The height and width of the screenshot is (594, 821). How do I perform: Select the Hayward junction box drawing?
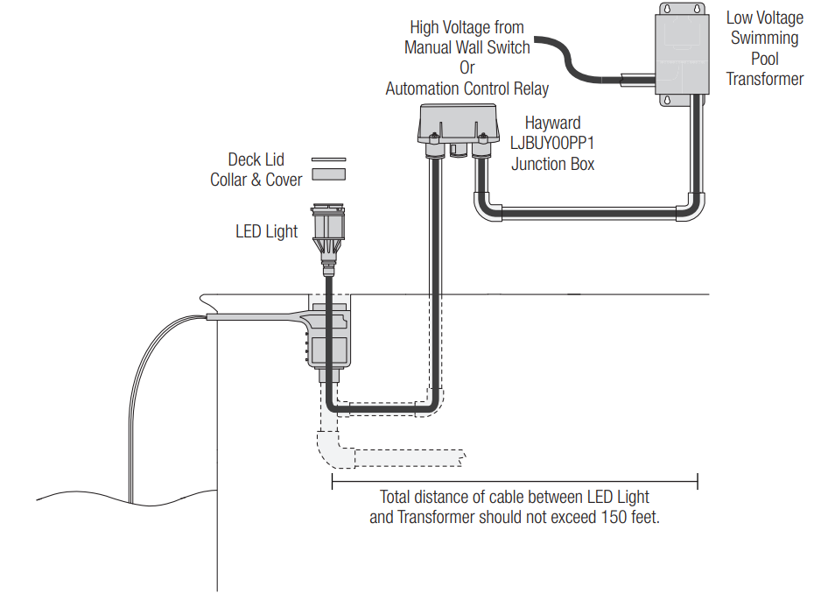[x=458, y=123]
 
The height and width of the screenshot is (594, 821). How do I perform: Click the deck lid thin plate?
[x=328, y=159]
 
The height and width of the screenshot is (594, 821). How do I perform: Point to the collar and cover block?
[x=328, y=174]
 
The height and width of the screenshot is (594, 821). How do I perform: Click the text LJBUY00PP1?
[x=553, y=143]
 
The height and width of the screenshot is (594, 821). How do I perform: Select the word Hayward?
[x=552, y=124]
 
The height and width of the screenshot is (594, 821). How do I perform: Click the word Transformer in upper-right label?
[x=765, y=79]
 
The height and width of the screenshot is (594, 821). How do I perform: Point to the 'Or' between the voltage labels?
[x=467, y=68]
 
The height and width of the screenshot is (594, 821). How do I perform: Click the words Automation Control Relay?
[x=467, y=88]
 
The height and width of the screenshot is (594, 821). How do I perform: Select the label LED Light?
[x=266, y=232]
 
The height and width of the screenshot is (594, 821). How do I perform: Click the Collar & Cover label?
[x=256, y=180]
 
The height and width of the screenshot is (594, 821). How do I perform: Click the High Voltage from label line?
[x=467, y=28]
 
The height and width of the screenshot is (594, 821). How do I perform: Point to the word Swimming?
[x=764, y=39]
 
